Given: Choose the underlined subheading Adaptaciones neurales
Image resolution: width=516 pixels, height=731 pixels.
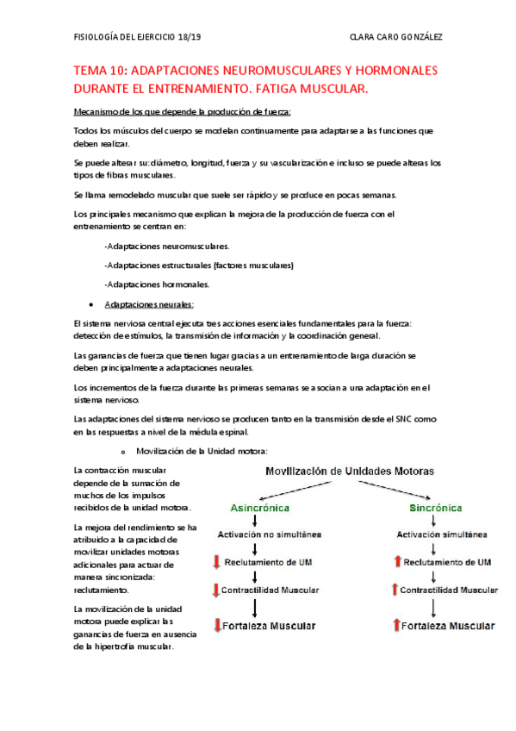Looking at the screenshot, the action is coord(149,304).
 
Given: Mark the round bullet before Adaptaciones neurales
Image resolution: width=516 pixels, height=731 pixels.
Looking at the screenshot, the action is coord(91,305).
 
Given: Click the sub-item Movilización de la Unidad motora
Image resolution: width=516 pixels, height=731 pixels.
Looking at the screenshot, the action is coord(202,451).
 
